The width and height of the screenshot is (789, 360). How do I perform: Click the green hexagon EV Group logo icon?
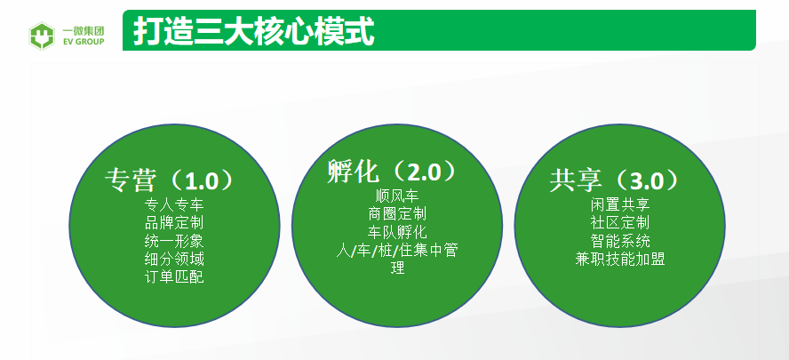click(x=42, y=36)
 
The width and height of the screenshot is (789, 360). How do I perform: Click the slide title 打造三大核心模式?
click(x=254, y=32)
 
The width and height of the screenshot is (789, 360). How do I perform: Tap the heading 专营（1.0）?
click(x=170, y=180)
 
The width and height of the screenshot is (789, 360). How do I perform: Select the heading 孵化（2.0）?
click(x=393, y=172)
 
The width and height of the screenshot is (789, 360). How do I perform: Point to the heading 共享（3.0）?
click(x=615, y=180)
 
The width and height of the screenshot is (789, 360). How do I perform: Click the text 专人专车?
click(x=174, y=205)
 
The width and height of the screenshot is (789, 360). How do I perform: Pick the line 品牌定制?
click(x=174, y=222)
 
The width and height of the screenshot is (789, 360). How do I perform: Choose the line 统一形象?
click(x=174, y=241)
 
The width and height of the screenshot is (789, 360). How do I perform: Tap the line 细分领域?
click(x=174, y=259)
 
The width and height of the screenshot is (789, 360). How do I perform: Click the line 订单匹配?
click(x=174, y=277)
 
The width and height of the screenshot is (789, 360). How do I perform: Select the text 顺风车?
click(x=397, y=196)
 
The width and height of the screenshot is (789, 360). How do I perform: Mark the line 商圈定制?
click(x=397, y=213)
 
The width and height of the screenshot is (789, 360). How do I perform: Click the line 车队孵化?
click(x=397, y=232)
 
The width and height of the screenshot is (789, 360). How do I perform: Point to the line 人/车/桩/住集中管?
click(x=397, y=250)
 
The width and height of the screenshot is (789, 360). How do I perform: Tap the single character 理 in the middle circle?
click(x=397, y=268)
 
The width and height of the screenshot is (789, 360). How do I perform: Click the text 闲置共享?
click(x=620, y=205)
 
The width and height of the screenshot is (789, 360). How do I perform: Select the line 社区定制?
click(x=620, y=222)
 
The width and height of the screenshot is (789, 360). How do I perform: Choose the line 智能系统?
click(x=620, y=241)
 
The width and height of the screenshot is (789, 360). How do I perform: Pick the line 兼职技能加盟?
click(x=620, y=259)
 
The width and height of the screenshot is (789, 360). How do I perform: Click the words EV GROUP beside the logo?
click(x=84, y=42)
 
